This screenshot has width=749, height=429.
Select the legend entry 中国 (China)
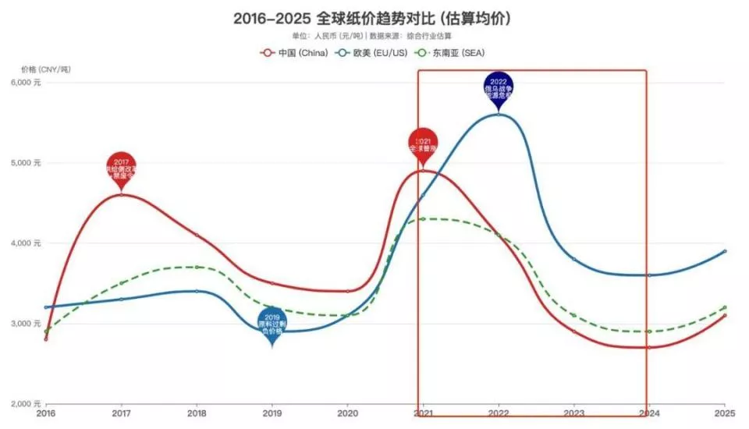(291, 53)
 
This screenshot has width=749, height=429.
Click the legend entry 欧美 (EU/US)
(371, 53)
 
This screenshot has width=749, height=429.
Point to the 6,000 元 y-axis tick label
(29, 83)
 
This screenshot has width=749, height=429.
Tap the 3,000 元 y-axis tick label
(29, 324)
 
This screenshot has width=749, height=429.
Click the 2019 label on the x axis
(272, 413)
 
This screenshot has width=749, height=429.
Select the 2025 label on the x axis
(725, 413)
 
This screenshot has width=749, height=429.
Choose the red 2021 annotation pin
(423, 145)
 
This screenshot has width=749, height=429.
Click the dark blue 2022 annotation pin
(499, 90)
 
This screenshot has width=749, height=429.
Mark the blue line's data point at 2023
(574, 259)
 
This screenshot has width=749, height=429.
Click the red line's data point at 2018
(197, 236)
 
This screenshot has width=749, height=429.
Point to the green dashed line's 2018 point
(197, 267)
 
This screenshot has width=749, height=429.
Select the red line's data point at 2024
(649, 347)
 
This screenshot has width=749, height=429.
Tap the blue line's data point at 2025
(725, 251)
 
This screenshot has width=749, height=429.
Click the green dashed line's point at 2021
(423, 219)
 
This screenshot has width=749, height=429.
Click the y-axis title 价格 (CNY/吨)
(45, 69)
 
